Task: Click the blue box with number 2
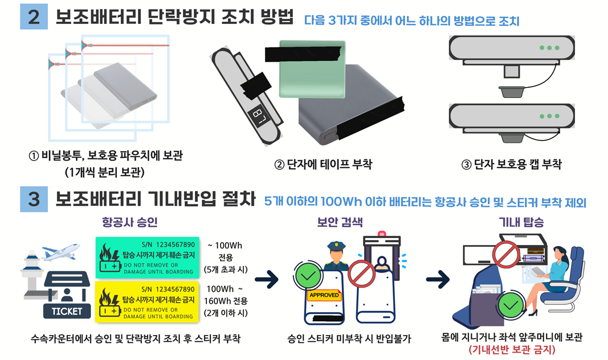34,17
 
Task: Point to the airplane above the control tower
60,251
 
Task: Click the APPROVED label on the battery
324,296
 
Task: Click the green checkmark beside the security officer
308,277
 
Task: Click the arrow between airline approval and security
266,280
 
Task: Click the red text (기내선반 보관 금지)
511,349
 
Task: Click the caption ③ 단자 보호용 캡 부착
511,165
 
